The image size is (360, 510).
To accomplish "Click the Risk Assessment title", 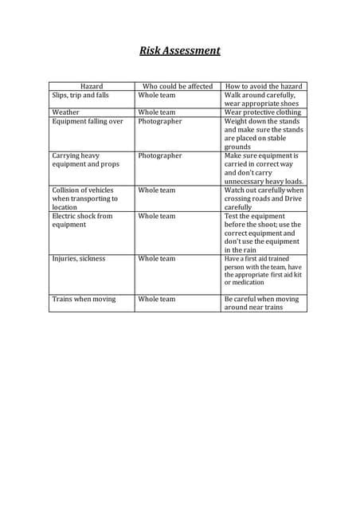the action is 180,51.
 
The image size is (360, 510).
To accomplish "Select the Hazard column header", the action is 92,86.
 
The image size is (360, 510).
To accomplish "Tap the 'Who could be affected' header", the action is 177,86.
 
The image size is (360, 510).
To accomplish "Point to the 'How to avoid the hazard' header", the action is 264,86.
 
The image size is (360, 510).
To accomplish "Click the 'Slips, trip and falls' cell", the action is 80,95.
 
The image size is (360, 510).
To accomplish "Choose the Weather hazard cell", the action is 66,112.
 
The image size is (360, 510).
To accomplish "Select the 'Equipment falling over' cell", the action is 88,121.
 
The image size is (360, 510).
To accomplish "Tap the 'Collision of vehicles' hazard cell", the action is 84,198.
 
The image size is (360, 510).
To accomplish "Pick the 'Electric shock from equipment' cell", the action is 83,220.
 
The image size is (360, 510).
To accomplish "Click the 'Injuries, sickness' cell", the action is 78,258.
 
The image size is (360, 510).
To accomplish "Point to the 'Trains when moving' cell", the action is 84,299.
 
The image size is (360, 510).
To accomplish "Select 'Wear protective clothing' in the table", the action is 263,112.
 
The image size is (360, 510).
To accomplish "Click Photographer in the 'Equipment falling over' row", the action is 159,121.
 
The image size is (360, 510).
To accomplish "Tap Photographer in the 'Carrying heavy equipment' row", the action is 159,156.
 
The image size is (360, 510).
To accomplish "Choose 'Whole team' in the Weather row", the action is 156,112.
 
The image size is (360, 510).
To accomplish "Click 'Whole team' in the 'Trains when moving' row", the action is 156,299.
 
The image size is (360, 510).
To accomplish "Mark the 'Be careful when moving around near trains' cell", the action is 262,303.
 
